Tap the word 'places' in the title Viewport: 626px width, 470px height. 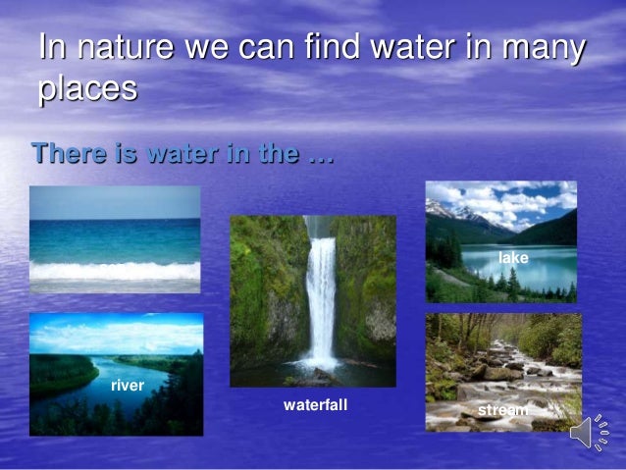pyautogui.click(x=87, y=91)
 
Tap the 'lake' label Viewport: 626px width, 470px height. pyautogui.click(x=513, y=257)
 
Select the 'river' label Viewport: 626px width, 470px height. pyautogui.click(x=128, y=386)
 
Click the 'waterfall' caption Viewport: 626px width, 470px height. pyautogui.click(x=315, y=404)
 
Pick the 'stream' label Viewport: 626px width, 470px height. pyautogui.click(x=502, y=409)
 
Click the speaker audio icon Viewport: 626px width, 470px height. pyautogui.click(x=588, y=432)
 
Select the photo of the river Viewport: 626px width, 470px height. pyautogui.click(x=116, y=373)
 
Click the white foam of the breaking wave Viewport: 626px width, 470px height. pyautogui.click(x=115, y=270)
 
